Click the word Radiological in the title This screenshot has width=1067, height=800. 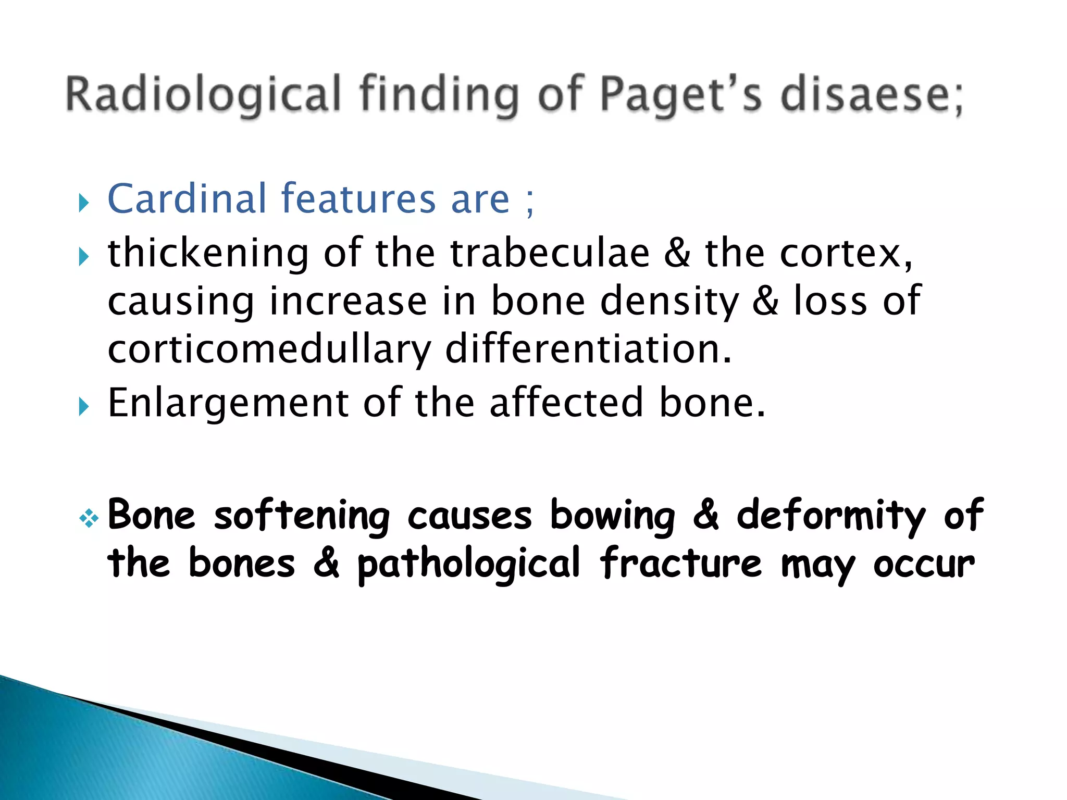click(x=203, y=95)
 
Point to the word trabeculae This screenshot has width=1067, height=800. click(x=550, y=253)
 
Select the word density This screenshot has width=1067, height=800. click(x=669, y=302)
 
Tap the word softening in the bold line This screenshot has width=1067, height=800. click(x=302, y=516)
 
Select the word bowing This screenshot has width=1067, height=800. click(x=612, y=516)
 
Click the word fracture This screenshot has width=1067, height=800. click(x=680, y=564)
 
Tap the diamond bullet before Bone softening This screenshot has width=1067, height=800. click(x=89, y=518)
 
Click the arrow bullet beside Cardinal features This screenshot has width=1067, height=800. click(x=84, y=203)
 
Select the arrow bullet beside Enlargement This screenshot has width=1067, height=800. click(x=84, y=406)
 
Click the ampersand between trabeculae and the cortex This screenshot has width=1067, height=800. click(x=677, y=253)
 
